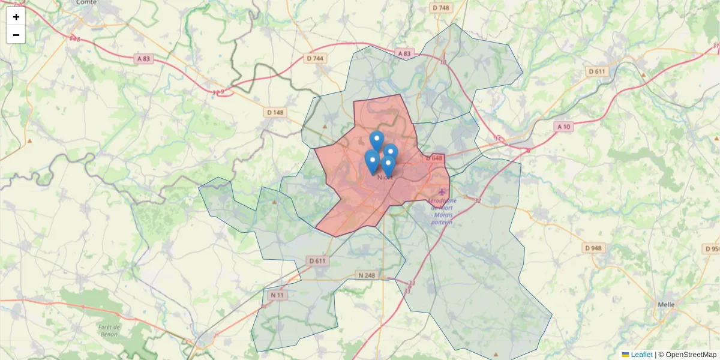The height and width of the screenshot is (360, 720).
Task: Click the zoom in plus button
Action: point(16,17)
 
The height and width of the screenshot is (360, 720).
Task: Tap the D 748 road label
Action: point(440,8)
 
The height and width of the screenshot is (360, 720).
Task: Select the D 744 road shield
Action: point(314,58)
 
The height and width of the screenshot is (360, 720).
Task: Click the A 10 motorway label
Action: point(563,127)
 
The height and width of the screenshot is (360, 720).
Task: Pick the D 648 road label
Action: point(434,158)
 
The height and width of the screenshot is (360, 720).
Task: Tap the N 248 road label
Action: point(365,275)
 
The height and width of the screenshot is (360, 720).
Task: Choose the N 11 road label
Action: point(277,295)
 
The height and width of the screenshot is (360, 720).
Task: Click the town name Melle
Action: point(666,304)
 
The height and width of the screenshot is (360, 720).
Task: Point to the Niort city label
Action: point(385,177)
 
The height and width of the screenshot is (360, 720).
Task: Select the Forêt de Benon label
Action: point(109,331)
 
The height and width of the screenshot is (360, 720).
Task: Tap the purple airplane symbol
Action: point(442,191)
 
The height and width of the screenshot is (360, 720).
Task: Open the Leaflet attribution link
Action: point(641,355)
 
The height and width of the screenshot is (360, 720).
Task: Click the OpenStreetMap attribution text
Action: point(691,355)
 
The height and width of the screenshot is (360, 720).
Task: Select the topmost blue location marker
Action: point(376,140)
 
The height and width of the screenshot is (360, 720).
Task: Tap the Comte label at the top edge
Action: point(87,2)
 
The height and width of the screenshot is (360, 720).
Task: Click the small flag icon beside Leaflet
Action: point(625,355)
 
